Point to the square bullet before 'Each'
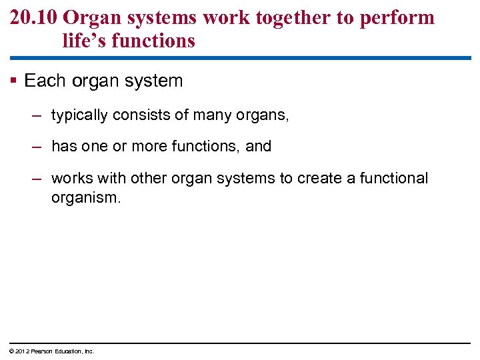[x=15, y=81]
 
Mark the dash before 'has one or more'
[x=37, y=147]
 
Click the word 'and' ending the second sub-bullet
[x=259, y=147]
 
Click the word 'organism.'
[x=86, y=198]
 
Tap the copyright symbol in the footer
[x=12, y=351]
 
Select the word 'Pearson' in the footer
[x=42, y=351]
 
